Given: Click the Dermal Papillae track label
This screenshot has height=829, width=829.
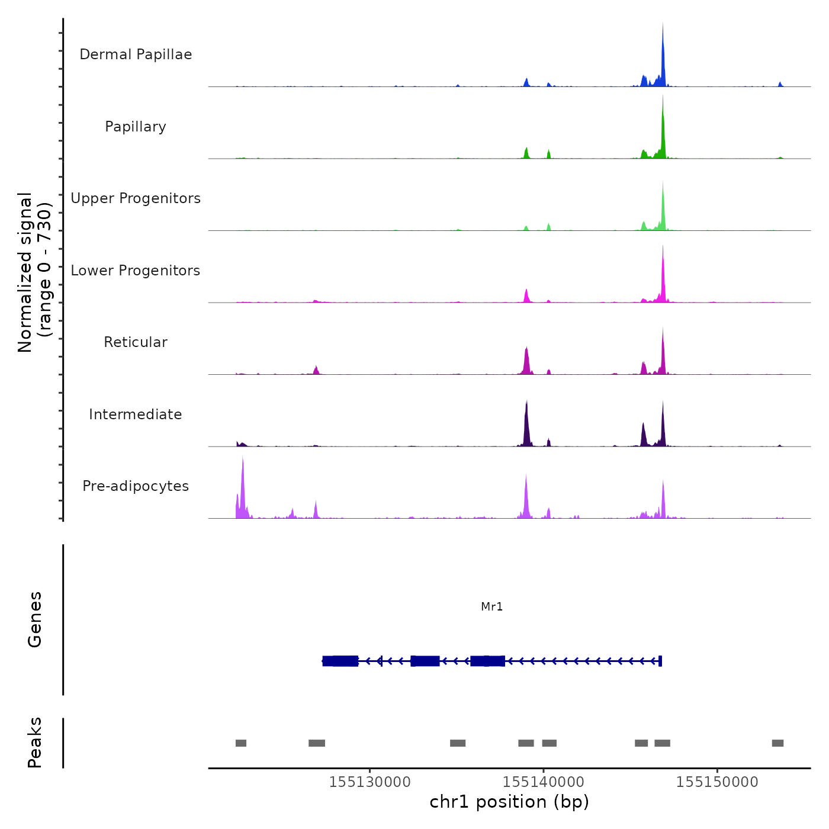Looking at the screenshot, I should tap(136, 54).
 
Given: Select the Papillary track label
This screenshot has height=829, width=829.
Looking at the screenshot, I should tap(136, 127).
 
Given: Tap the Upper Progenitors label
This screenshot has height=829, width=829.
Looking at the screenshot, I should tap(136, 198).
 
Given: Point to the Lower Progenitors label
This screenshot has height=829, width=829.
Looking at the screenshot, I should tap(136, 271).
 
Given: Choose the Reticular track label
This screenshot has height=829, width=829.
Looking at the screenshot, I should tap(136, 342).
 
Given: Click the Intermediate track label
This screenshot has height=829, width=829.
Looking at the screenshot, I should tap(136, 415).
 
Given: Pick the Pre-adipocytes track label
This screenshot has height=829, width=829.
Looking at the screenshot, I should tap(136, 486).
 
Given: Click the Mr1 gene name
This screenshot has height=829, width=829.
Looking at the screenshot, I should tap(491, 606).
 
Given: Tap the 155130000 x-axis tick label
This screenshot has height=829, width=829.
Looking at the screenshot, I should tap(369, 782).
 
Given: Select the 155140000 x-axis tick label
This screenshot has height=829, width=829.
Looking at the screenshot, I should tap(543, 782).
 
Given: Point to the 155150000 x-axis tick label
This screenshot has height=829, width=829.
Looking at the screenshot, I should tap(717, 782).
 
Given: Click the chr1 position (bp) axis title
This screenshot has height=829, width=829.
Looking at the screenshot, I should tap(509, 802).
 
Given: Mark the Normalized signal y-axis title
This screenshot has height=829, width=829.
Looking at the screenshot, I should tap(34, 272).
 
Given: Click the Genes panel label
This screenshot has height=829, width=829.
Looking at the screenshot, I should tap(35, 619).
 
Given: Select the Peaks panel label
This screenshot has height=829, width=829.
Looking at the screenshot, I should tap(35, 743).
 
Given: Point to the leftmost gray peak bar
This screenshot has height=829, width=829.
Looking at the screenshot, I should tap(240, 743).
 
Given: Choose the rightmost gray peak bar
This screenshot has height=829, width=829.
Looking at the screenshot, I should tap(777, 743).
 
